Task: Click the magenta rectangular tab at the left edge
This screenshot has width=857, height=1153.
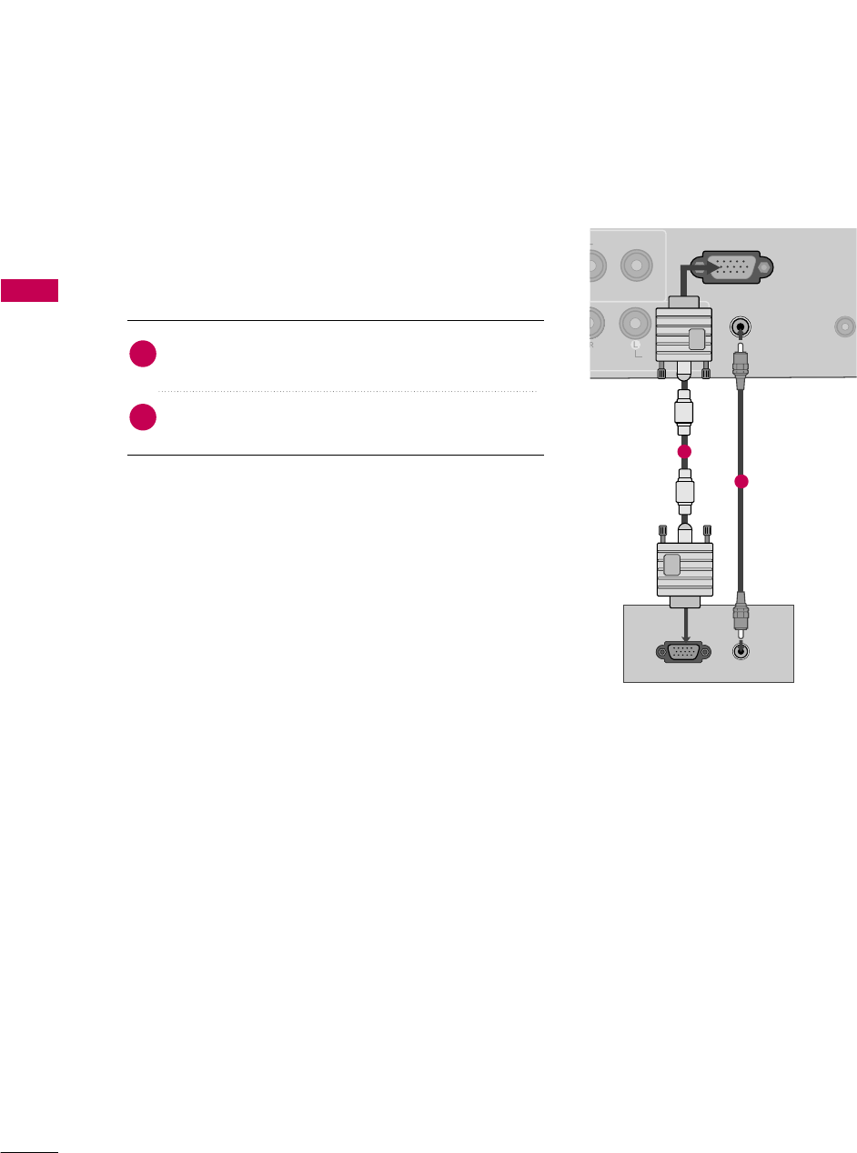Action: pos(29,291)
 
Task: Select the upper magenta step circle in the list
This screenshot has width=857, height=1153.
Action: pos(143,356)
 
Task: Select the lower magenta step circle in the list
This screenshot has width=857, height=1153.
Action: pos(143,418)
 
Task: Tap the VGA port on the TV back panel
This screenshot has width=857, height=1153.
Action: pos(731,268)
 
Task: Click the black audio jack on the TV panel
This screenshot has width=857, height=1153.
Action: pos(742,326)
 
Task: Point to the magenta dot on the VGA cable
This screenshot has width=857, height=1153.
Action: pos(684,452)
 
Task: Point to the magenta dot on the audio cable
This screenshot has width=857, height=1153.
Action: pos(742,482)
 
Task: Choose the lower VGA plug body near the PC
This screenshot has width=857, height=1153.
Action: pos(684,570)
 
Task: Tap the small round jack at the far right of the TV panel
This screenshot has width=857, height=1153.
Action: pos(845,325)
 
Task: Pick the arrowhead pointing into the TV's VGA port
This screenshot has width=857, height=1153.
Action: pos(705,268)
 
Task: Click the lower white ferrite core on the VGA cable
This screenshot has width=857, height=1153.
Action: pos(684,492)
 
